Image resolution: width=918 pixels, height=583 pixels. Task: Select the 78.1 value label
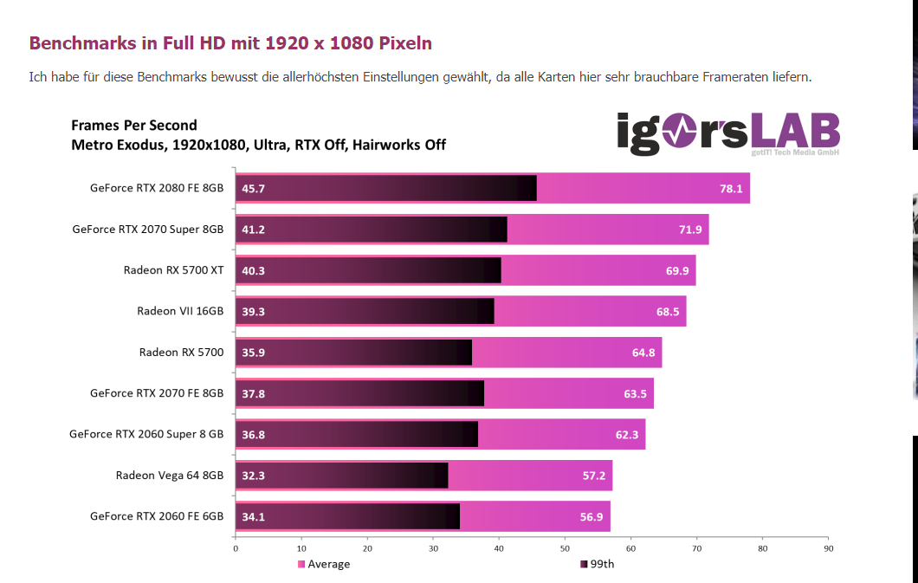point(732,189)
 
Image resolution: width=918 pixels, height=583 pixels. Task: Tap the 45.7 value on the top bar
point(254,189)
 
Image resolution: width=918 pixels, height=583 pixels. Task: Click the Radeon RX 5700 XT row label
point(173,270)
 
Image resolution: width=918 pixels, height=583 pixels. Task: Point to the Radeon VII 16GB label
point(180,311)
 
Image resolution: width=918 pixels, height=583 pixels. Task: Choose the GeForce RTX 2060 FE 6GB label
point(157,516)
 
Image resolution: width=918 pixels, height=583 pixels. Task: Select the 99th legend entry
point(600,565)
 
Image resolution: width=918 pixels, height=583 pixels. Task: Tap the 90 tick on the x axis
point(828,547)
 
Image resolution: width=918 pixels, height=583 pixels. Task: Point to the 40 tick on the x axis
point(499,547)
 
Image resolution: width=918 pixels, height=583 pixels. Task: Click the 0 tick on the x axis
point(236,547)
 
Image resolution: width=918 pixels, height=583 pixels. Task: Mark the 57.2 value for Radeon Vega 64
point(593,476)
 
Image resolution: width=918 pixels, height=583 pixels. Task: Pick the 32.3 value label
point(254,476)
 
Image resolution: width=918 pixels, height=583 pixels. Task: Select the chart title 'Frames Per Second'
point(134,126)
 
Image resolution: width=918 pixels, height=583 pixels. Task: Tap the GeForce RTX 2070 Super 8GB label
point(148,230)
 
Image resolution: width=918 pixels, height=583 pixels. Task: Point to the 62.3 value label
point(626,435)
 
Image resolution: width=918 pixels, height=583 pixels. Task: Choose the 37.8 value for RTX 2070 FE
point(254,393)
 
